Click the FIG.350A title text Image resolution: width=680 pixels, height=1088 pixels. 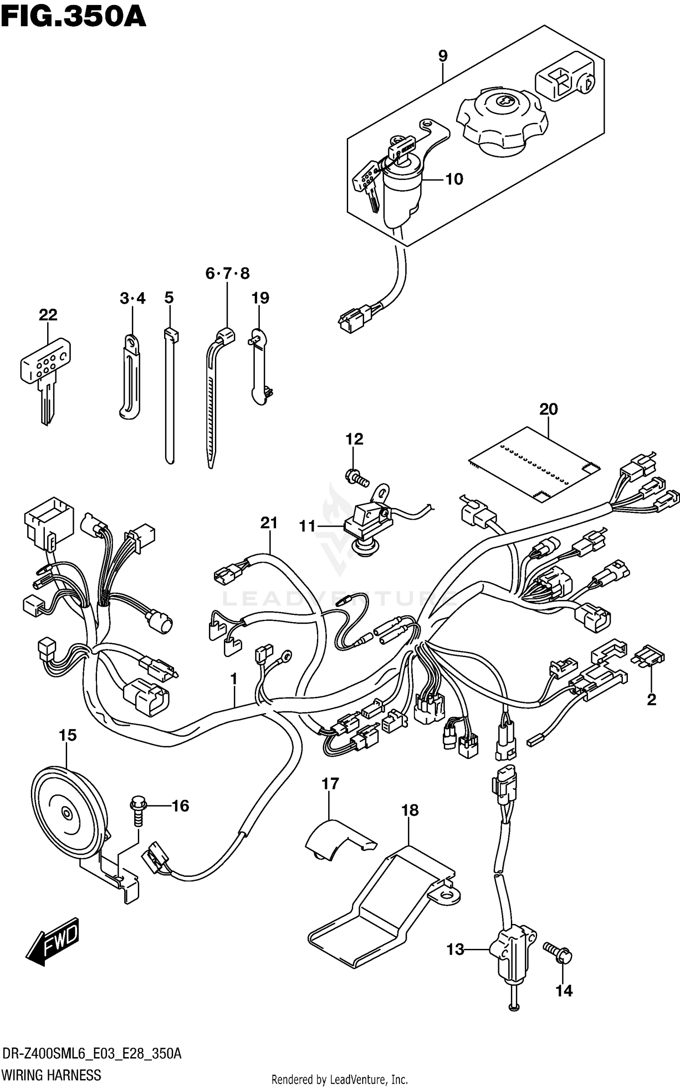point(73,17)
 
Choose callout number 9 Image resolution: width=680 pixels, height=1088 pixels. point(442,56)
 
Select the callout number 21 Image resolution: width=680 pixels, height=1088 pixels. point(268,523)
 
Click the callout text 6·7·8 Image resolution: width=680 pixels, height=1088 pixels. point(227,274)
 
